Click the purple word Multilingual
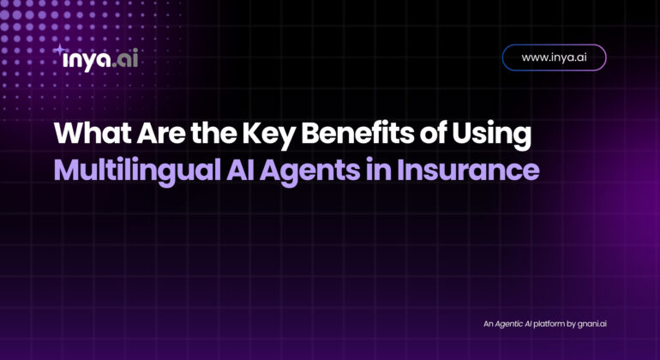(x=137, y=171)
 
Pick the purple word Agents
(x=309, y=171)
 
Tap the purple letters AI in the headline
(x=239, y=170)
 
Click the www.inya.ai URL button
(x=554, y=57)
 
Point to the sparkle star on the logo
(x=59, y=50)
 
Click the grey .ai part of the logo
(x=125, y=58)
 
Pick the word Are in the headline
(x=160, y=133)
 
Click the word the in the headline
(x=213, y=133)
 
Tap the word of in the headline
(x=432, y=133)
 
